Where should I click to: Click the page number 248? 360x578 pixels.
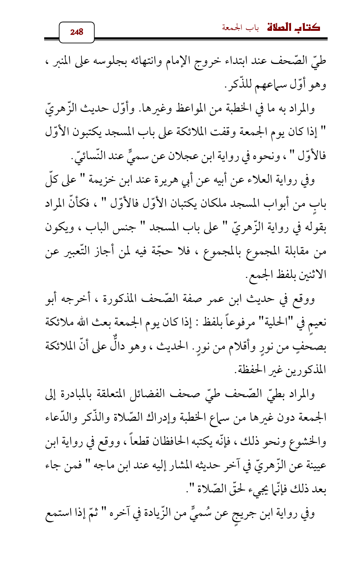77,32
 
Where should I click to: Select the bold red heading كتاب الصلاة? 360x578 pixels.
293,28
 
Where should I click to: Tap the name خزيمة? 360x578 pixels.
103,180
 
